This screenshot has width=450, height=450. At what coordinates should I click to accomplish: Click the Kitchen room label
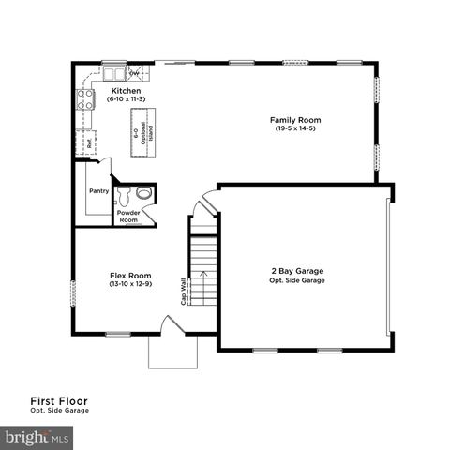125,91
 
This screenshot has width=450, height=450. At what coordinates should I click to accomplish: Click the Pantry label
98,191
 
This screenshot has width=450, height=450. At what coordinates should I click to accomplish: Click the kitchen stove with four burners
84,99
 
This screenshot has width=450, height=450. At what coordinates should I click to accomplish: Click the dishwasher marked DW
135,72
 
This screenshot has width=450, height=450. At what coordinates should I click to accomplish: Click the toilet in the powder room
142,193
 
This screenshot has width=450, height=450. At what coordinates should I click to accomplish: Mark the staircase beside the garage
203,262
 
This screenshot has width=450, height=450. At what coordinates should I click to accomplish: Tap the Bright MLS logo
38,436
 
